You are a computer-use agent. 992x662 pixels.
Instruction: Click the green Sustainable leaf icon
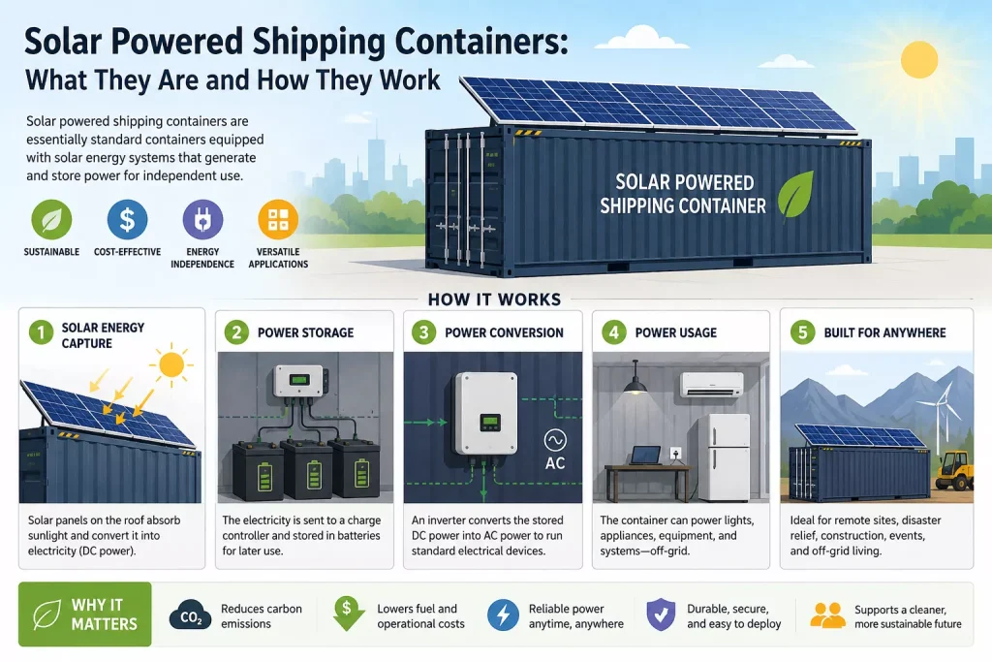point(51,219)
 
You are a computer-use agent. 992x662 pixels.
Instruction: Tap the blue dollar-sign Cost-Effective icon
point(127,219)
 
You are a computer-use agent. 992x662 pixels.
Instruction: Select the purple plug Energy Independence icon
point(202,219)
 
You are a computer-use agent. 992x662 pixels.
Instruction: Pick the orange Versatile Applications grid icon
point(278,219)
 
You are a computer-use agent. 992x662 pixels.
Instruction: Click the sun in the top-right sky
point(918,59)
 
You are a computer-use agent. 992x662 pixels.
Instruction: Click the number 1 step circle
point(41,332)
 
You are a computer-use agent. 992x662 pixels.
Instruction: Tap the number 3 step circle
point(424,332)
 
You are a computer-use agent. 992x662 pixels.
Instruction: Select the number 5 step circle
point(803,332)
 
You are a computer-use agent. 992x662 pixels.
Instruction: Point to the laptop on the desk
point(646,456)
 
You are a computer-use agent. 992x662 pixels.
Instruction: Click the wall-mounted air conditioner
point(711,384)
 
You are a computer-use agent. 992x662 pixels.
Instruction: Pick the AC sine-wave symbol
point(555,440)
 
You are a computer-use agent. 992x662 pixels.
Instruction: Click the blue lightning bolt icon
point(503,615)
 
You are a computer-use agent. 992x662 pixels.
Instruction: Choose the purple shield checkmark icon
point(661,614)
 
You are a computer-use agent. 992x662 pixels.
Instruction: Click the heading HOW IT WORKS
point(495,299)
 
